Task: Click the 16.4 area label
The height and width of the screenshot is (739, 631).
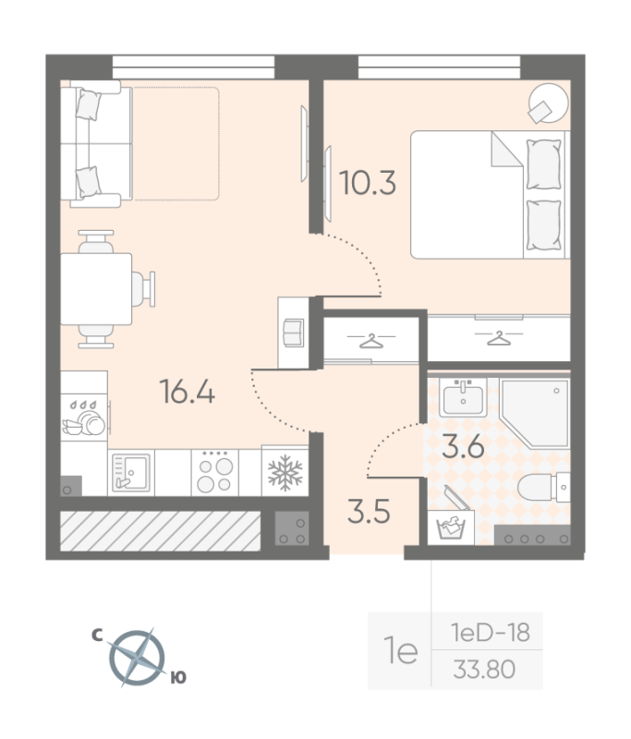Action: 188,392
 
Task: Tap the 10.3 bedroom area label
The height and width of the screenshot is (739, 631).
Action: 367,183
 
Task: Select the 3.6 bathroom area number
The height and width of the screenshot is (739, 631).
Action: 463,446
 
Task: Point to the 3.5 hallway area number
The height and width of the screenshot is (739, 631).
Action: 369,512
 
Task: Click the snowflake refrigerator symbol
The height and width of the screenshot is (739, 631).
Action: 285,473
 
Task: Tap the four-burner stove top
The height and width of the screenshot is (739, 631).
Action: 215,473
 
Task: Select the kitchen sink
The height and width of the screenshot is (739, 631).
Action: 131,473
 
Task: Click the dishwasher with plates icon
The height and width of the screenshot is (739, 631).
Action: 84,418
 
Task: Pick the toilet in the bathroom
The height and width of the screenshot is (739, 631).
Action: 544,487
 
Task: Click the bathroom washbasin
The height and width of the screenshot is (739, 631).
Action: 463,397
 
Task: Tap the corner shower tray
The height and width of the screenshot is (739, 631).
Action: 535,413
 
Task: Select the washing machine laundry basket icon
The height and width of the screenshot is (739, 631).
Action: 451,527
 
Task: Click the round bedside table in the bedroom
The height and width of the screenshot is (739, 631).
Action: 549,103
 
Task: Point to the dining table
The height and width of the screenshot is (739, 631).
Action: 96,289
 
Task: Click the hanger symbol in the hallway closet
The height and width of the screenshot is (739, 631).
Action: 371,340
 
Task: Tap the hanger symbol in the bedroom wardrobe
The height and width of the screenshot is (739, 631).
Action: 499,338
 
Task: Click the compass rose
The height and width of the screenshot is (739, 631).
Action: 137,658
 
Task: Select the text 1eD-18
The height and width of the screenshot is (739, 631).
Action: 491,632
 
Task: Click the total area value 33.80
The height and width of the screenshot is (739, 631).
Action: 484,669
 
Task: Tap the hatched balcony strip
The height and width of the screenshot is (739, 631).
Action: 160,530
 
